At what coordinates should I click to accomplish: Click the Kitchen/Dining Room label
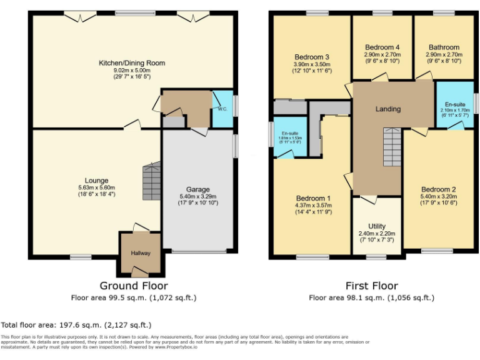132,63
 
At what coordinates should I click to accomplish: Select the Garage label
197,189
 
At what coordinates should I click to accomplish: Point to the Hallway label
141,253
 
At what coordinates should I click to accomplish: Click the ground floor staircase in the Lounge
151,181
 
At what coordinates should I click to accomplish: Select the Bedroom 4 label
382,47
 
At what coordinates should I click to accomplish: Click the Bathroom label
444,47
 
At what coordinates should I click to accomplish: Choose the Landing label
387,109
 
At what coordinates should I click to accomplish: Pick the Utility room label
376,226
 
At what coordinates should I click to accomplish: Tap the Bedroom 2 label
437,189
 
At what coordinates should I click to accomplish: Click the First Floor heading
371,286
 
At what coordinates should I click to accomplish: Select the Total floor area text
76,325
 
